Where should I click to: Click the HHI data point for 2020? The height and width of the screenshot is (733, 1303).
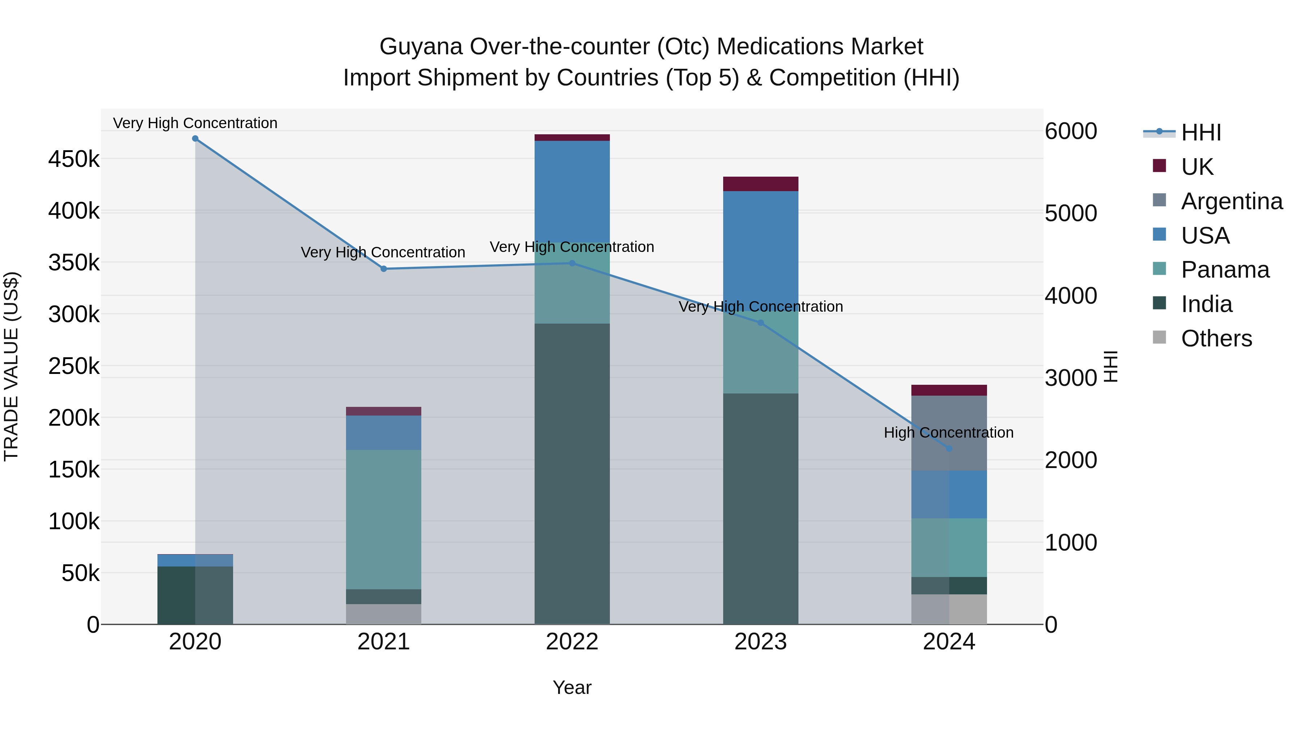point(195,139)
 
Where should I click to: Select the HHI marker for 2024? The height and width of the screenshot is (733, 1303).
point(949,448)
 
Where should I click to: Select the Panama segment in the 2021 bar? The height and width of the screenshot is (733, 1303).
point(383,519)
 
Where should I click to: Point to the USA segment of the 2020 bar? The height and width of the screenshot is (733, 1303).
point(195,560)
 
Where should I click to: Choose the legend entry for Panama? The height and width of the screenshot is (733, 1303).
point(1224,270)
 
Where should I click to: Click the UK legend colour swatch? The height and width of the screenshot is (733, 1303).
point(1159,166)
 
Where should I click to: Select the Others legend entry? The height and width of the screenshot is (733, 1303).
point(1216,338)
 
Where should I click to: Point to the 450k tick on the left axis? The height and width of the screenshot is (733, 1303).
point(74,159)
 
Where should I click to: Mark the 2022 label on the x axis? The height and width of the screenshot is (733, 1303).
point(572,642)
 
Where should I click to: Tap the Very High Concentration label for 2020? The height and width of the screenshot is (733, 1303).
point(195,123)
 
